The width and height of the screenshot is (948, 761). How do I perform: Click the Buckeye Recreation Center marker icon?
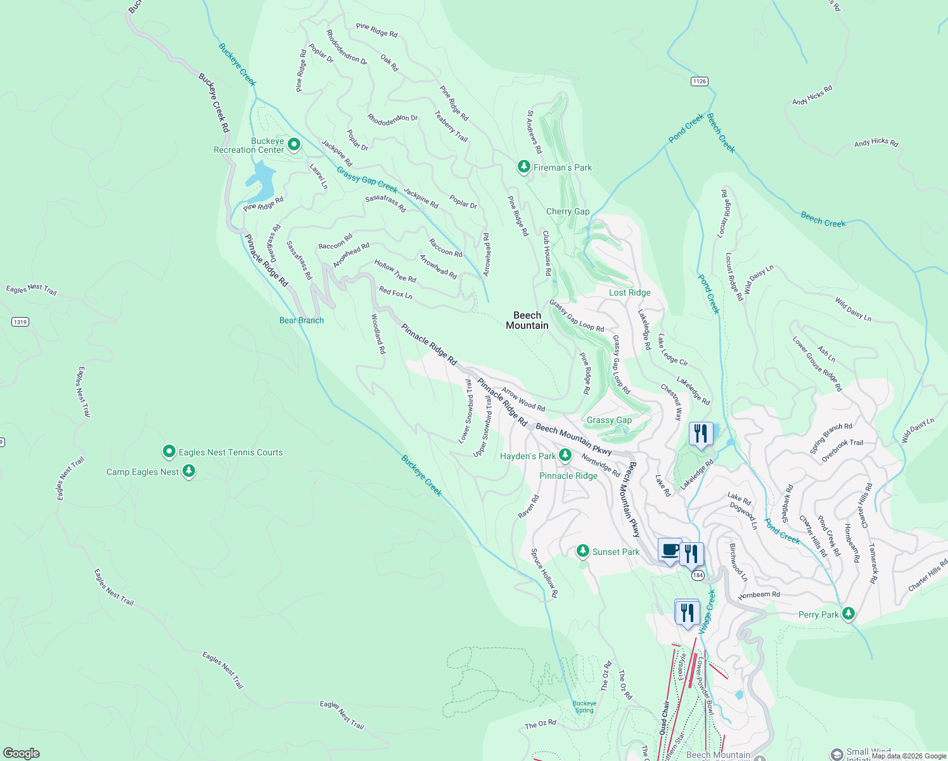[294, 145]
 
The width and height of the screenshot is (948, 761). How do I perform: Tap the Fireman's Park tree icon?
[523, 167]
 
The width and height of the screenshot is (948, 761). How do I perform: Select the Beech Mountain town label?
[527, 320]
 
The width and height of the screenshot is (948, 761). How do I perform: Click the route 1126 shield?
[699, 81]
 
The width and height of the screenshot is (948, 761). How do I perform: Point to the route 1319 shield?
[20, 322]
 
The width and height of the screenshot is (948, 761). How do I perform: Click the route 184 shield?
[698, 575]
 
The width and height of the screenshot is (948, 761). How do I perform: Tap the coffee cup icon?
[669, 550]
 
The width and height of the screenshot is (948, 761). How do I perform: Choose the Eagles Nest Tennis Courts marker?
[169, 452]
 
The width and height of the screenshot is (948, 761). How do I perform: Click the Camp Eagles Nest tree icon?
[188, 471]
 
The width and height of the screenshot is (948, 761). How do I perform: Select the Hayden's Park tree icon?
[565, 455]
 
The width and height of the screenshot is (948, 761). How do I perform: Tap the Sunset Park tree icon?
[583, 551]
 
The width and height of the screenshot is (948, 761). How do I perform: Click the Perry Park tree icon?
[848, 613]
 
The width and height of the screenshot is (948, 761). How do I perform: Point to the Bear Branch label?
[302, 320]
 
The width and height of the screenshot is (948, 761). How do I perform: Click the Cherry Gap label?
[568, 211]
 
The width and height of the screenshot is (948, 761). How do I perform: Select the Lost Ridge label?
[629, 292]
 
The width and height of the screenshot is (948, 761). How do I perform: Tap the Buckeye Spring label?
[584, 706]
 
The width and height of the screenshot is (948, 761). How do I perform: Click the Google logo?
[22, 753]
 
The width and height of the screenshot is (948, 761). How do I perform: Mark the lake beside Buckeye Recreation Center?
[261, 179]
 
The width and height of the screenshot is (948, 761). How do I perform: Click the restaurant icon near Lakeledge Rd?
[700, 434]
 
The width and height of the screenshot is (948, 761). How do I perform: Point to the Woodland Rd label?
[378, 334]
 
